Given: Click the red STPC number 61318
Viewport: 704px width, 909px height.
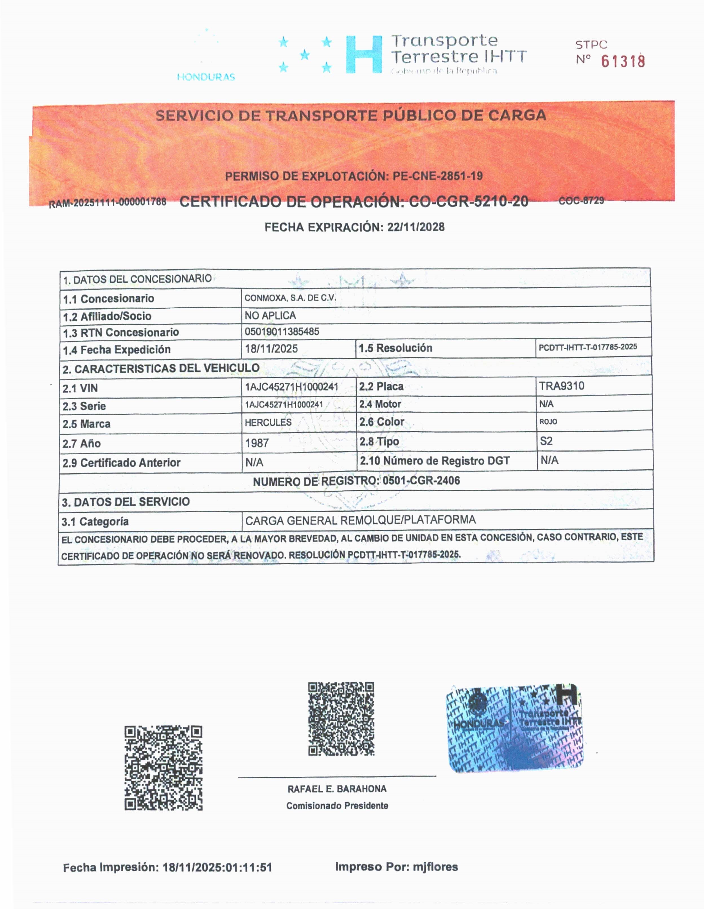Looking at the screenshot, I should point(623,62).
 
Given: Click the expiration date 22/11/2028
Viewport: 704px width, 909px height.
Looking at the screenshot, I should point(416,227).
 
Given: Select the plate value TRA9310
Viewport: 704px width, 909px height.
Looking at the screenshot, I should point(562,386).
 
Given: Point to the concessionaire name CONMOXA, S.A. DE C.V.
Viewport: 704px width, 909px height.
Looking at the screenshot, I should point(290,298).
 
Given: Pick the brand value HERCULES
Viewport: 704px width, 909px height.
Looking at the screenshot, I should point(268,422).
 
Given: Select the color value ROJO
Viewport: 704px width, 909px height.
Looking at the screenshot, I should point(548,421).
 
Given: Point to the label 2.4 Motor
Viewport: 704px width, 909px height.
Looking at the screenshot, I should point(380,404).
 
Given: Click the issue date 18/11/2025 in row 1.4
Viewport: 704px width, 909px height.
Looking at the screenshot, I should point(271,348).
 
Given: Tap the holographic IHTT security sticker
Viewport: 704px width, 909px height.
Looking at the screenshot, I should point(514,728).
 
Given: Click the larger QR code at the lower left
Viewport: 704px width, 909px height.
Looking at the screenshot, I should point(164,768).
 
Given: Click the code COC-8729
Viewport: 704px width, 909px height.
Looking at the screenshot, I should point(581,201).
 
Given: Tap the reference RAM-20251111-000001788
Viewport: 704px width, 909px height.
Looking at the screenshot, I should point(108,203).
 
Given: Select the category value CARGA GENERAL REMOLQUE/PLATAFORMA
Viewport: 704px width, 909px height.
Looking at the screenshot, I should point(360,520).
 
